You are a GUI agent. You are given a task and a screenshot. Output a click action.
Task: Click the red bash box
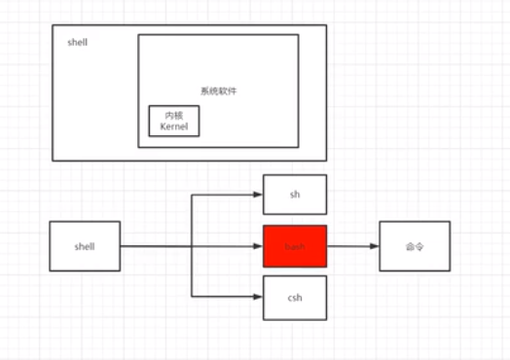tap(295, 247)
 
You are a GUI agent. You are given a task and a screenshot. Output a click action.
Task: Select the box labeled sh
tap(295, 195)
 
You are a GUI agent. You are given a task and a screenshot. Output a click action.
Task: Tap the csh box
tap(295, 298)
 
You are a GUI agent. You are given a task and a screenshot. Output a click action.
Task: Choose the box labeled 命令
tap(415, 247)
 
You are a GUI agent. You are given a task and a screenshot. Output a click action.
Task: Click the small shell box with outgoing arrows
tap(85, 246)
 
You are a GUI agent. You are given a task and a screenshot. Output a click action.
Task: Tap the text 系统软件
tap(219, 90)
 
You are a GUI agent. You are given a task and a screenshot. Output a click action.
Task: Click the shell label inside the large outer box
tap(78, 45)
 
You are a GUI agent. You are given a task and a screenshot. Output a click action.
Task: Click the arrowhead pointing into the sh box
tap(258, 195)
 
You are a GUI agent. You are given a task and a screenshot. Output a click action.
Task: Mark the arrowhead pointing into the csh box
tap(258, 298)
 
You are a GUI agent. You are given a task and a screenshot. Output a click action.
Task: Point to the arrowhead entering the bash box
tap(258, 247)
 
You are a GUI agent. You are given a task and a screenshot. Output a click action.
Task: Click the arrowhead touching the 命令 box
tap(374, 247)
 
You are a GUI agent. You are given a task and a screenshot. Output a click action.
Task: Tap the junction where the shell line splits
tap(193, 247)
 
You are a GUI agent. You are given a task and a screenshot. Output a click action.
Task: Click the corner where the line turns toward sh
tap(193, 195)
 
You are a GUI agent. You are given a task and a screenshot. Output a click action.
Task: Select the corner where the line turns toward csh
tap(193, 298)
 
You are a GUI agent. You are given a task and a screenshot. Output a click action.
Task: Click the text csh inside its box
tap(295, 298)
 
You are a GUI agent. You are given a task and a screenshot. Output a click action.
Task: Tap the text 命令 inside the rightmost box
tap(415, 247)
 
